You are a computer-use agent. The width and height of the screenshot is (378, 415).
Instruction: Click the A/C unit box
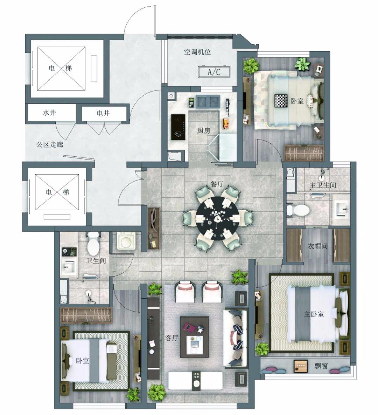(214, 72)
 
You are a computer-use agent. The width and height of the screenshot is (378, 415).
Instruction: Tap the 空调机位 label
(197, 52)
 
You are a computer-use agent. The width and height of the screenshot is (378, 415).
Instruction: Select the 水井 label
(49, 113)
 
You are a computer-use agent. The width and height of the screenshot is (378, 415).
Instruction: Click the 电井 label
(103, 113)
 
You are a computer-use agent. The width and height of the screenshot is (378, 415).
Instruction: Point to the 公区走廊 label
(50, 144)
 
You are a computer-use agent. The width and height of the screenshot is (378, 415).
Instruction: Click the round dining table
(217, 218)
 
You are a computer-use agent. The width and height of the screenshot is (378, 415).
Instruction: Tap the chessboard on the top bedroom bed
(281, 101)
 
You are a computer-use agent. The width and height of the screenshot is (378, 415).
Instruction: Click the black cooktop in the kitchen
(178, 127)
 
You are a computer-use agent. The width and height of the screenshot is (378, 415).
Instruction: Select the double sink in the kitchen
(208, 101)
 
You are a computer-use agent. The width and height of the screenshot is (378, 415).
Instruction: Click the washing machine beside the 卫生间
(126, 241)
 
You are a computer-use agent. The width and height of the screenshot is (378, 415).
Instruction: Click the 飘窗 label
(321, 366)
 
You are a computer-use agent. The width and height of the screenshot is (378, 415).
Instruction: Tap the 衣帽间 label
(317, 246)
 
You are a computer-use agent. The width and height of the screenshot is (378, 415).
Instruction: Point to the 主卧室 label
(314, 314)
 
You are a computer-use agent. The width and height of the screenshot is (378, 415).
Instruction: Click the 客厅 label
(172, 338)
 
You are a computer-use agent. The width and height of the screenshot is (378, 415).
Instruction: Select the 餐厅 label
(217, 184)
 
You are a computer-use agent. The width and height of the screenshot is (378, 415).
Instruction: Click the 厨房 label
(204, 130)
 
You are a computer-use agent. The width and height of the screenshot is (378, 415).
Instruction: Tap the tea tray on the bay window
(301, 366)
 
